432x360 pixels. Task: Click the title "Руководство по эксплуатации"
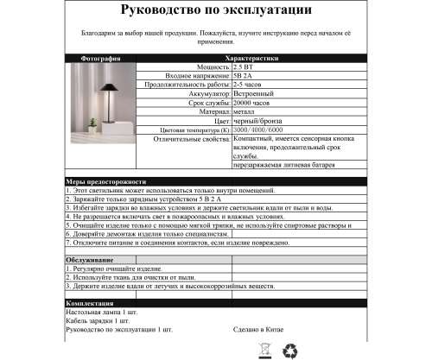[x=216, y=13]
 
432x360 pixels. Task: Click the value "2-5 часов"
[x=250, y=85]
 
